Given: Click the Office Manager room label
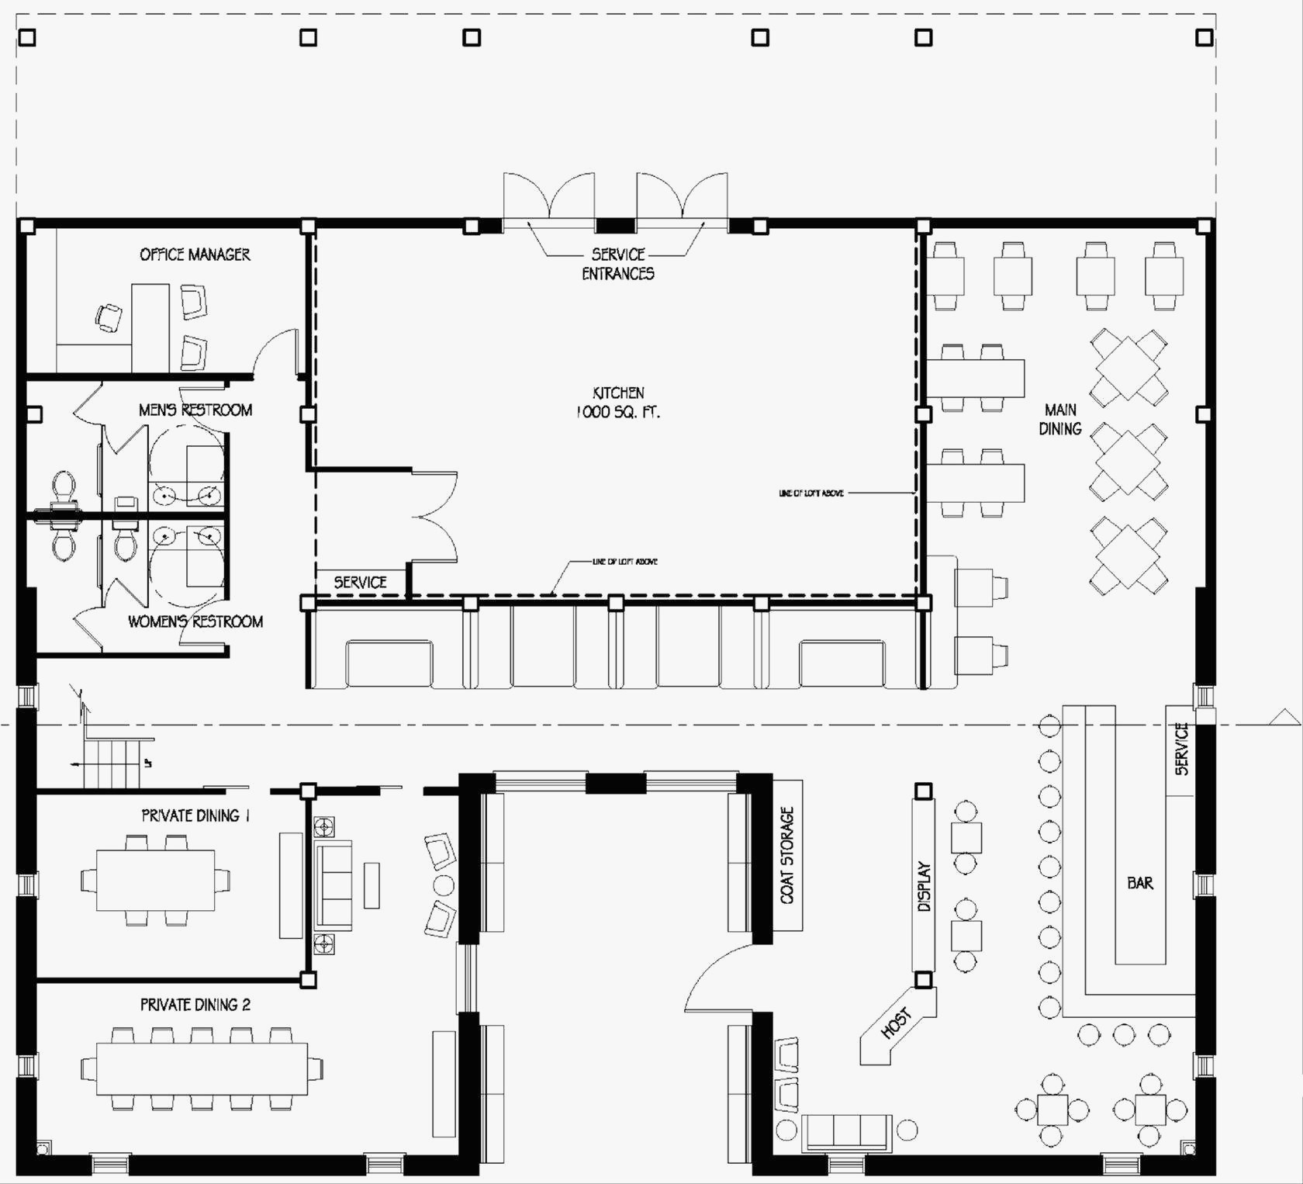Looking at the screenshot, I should [195, 254].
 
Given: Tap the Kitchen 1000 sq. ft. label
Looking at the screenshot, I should [618, 403].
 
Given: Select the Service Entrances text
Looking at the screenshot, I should [618, 264].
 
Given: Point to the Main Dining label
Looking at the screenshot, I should [1060, 419].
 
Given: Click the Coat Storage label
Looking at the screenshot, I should [787, 855].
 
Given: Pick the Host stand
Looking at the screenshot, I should [897, 1025].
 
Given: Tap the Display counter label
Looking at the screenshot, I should [924, 886].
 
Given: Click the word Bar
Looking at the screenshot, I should [1140, 883].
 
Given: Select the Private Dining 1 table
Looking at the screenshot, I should [155, 881].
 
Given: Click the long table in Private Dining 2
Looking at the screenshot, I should [202, 1068].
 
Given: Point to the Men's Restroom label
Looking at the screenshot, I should [195, 410].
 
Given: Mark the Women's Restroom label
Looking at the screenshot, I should [195, 621].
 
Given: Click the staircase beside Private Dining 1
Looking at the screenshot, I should [112, 763].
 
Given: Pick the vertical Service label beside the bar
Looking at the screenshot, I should [1181, 750].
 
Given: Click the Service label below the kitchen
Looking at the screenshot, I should [360, 582].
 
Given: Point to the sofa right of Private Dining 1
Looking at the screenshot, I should [334, 885].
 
